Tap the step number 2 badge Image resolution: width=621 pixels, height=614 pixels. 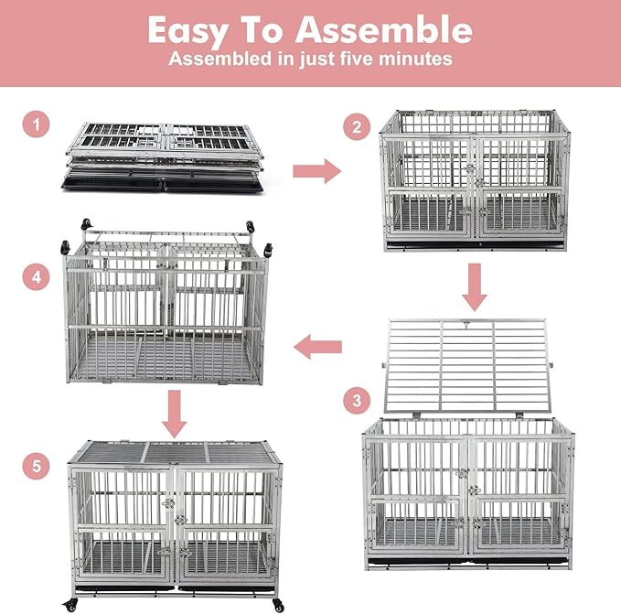coord(357,127)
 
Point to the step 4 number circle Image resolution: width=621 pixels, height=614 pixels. coord(36,275)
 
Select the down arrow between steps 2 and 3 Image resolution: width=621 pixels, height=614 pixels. coord(473,286)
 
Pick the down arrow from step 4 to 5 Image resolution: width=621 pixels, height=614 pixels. coord(173,415)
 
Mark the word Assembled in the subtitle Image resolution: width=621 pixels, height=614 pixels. coord(215,59)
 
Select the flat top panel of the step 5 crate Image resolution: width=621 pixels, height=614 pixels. coord(174,453)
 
